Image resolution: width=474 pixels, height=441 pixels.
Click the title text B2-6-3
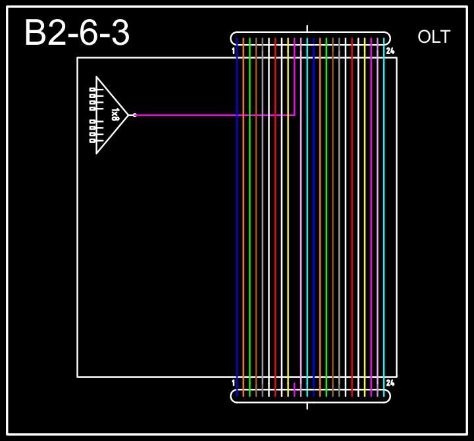(x=77, y=34)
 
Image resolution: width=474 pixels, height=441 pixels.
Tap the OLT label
(x=434, y=38)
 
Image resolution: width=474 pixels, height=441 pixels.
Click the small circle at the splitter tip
(x=134, y=115)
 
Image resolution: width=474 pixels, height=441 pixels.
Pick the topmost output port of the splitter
(x=92, y=90)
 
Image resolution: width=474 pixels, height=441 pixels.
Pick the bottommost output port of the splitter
(x=92, y=140)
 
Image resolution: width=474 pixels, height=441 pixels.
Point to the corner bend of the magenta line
(x=294, y=115)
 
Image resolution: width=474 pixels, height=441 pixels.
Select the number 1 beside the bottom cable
(x=234, y=382)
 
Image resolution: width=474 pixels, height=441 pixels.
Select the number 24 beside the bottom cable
(x=390, y=382)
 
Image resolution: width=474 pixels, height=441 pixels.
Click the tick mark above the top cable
(x=307, y=28)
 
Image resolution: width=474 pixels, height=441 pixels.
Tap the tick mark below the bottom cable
(x=307, y=405)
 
